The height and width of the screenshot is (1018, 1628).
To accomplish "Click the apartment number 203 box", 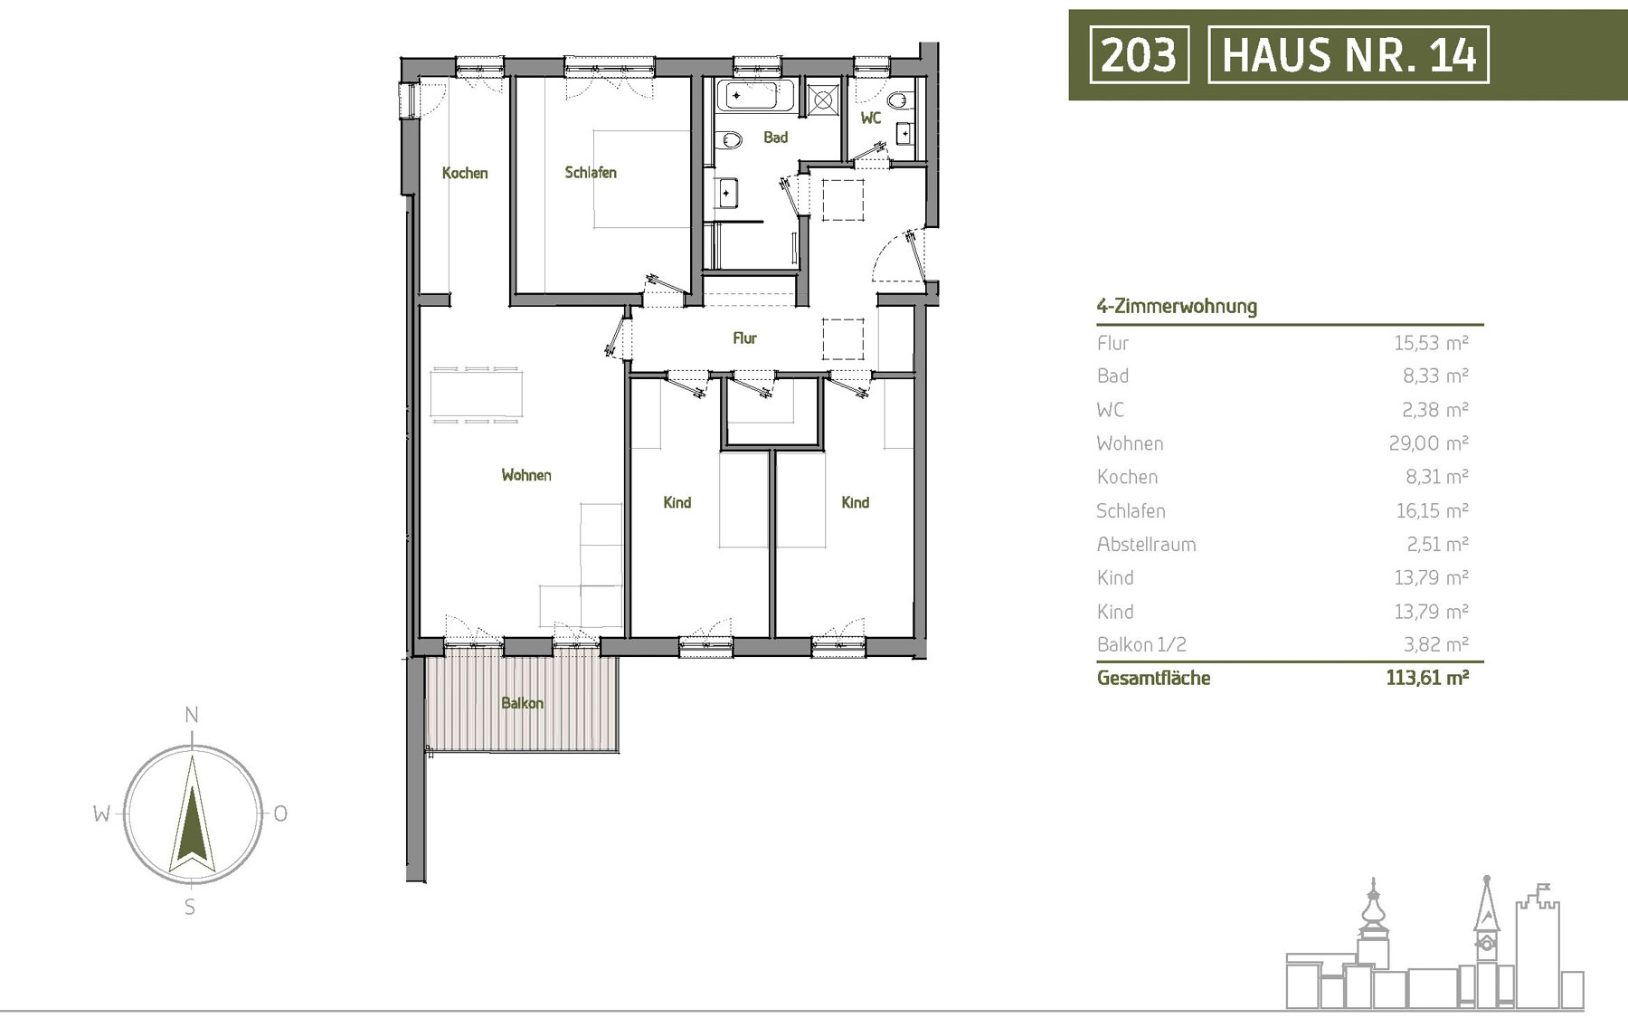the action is click(1139, 54).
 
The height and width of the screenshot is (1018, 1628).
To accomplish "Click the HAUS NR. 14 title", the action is click(1349, 54).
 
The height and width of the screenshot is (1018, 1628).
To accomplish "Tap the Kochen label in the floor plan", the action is click(465, 173).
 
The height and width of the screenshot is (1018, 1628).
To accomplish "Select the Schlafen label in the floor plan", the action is click(591, 172).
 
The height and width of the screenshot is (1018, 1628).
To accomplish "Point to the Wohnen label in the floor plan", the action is click(526, 475).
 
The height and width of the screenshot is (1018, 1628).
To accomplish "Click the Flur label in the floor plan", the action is click(744, 338).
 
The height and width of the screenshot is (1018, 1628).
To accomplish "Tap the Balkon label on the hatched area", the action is click(523, 703).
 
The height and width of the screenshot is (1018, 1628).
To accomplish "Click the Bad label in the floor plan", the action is click(775, 138).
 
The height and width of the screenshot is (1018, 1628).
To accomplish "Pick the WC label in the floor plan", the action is click(871, 118).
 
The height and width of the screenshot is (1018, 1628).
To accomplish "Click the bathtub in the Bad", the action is click(756, 95).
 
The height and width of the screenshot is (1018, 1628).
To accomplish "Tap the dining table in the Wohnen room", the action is click(476, 395).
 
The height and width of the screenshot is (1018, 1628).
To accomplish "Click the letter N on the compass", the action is click(192, 715).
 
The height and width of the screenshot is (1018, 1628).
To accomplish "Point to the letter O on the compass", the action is click(280, 813).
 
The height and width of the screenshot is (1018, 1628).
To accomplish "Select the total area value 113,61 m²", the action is click(1427, 677).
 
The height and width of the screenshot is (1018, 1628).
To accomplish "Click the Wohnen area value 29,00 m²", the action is click(1429, 442).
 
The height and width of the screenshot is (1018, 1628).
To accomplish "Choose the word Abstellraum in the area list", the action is click(1146, 544).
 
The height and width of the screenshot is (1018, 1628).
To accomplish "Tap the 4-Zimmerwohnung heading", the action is click(1177, 306).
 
